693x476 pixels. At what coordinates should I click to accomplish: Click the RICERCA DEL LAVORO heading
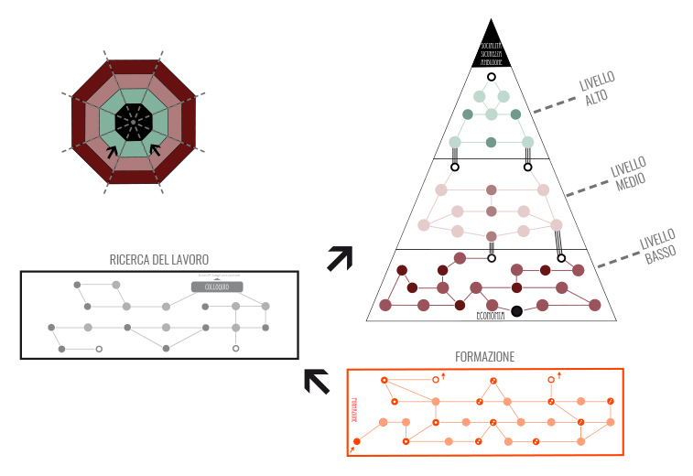[x=160, y=259]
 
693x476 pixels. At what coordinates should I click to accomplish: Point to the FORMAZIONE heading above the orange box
[x=485, y=355]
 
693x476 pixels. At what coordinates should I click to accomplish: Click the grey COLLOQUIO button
[x=217, y=287]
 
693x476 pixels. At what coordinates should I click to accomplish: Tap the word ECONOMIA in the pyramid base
[x=491, y=315]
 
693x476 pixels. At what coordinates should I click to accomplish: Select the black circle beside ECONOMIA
[x=516, y=311]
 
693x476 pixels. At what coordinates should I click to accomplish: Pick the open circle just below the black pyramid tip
[x=492, y=77]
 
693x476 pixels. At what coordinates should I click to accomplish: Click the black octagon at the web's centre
[x=133, y=122]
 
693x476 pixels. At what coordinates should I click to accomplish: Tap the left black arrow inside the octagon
[x=113, y=151]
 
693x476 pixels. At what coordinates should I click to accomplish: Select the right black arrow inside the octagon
[x=154, y=150]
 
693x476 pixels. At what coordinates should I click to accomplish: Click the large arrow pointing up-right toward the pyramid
[x=340, y=258]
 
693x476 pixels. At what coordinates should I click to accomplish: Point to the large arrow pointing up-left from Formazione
[x=317, y=381]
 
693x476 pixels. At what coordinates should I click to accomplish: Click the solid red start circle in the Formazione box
[x=357, y=441]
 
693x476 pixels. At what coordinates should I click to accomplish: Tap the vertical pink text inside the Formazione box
[x=352, y=408]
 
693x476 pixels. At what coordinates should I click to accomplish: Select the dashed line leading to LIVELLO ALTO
[x=553, y=105]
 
